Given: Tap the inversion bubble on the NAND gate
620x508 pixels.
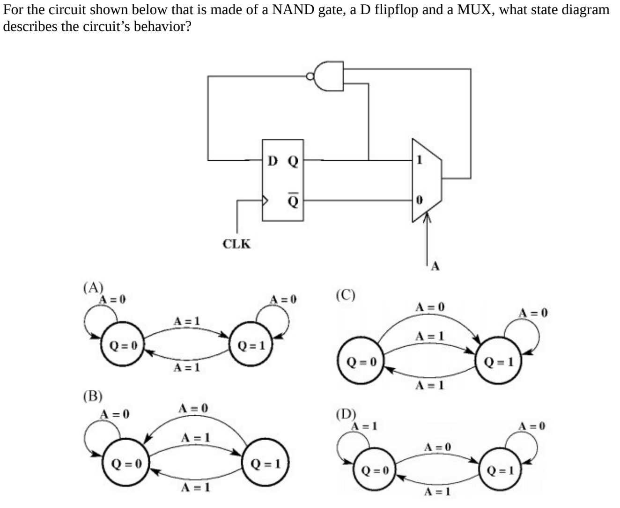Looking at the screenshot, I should [309, 76].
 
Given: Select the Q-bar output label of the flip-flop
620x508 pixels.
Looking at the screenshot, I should [293, 201].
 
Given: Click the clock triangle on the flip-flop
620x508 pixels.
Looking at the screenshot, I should [265, 201].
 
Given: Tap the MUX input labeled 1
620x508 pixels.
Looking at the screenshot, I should [419, 160].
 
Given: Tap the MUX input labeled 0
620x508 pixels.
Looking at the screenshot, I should [419, 200].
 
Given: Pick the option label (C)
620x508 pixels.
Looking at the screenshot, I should [346, 295].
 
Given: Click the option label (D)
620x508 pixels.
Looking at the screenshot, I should [346, 414].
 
